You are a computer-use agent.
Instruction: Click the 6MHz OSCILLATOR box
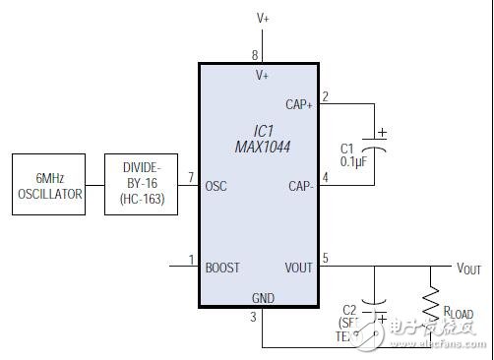point(48,185)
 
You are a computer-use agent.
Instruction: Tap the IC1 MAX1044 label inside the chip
point(255,138)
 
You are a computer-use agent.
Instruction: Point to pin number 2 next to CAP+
point(325,95)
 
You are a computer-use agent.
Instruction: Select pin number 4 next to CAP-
point(325,178)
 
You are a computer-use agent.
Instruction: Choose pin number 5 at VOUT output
point(325,260)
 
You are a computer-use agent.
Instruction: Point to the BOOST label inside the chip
point(222,268)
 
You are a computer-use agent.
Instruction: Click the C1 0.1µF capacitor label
point(354,153)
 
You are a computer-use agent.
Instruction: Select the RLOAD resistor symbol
point(430,305)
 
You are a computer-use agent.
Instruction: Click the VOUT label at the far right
point(469,268)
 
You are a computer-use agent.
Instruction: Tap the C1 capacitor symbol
point(375,141)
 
